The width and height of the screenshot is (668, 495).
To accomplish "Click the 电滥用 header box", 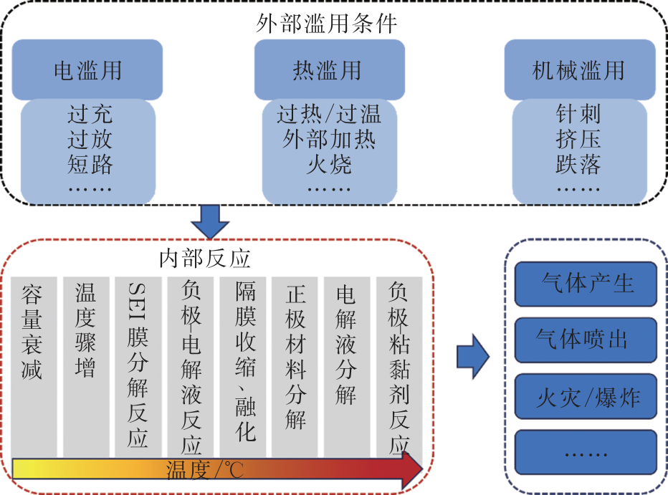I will click(x=87, y=69).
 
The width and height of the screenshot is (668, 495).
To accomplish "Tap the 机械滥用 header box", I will click(x=579, y=69).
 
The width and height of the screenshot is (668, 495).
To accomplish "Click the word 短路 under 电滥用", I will click(x=90, y=164).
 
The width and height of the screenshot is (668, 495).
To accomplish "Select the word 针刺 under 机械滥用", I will click(x=578, y=114).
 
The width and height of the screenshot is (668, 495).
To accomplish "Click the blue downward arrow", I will click(x=212, y=221).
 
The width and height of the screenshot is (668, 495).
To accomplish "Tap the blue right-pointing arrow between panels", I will click(x=472, y=355).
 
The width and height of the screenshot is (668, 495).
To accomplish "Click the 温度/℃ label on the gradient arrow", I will click(x=205, y=471).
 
